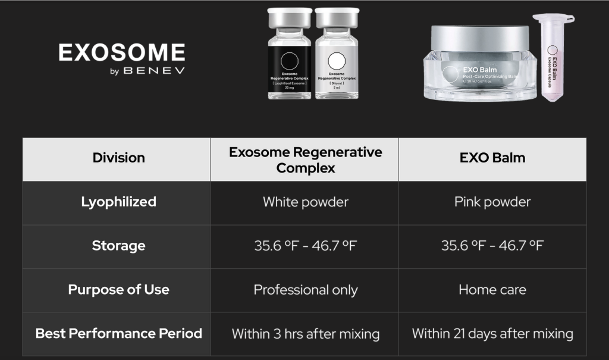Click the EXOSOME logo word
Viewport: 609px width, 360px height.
pyautogui.click(x=121, y=52)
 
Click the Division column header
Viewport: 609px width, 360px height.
pyautogui.click(x=118, y=158)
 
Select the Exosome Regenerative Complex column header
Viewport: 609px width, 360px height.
pyautogui.click(x=305, y=159)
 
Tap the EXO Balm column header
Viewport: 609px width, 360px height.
pyautogui.click(x=492, y=158)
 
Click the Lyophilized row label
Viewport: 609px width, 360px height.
pyautogui.click(x=118, y=202)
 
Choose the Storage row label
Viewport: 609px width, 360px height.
pyautogui.click(x=118, y=246)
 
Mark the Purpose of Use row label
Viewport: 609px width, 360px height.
pyautogui.click(x=118, y=290)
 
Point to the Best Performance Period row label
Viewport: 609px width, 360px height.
pyautogui.click(x=118, y=333)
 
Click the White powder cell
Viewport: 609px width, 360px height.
pyautogui.click(x=305, y=202)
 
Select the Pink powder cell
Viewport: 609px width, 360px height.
pyautogui.click(x=492, y=202)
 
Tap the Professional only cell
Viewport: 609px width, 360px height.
pyautogui.click(x=305, y=290)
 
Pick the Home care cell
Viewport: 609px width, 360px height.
pyautogui.click(x=492, y=290)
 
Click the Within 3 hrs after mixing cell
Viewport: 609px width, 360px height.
pyautogui.click(x=305, y=334)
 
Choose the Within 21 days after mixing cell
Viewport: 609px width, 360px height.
pyautogui.click(x=492, y=333)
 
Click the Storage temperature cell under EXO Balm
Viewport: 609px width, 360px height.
pyautogui.click(x=492, y=246)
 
